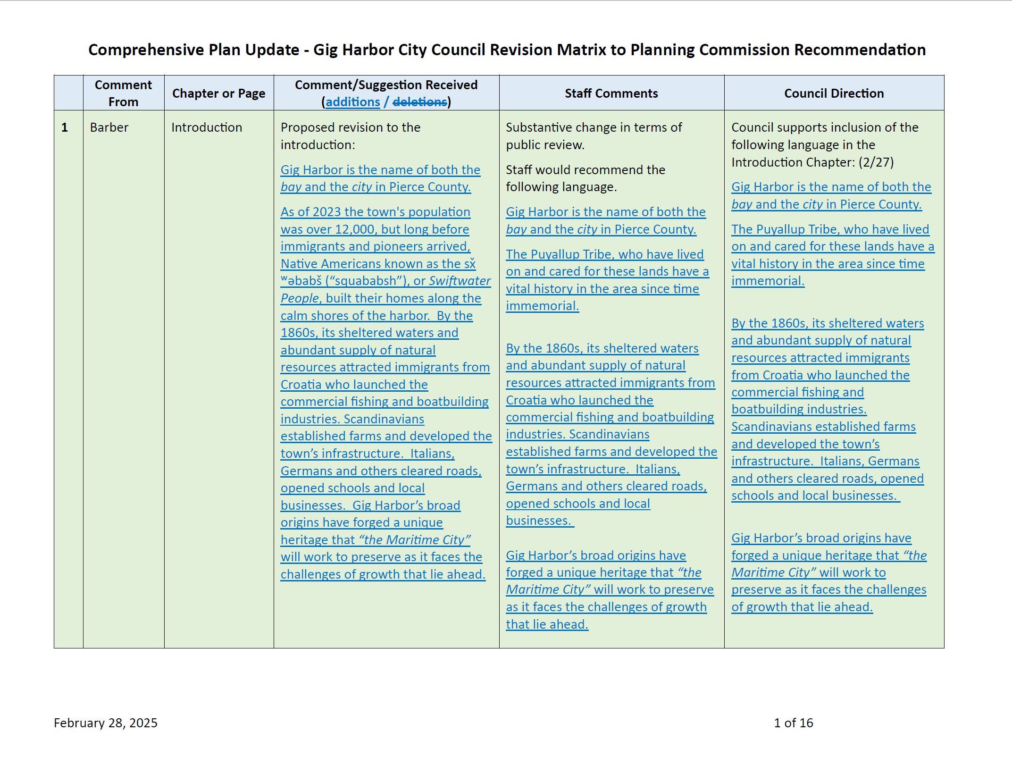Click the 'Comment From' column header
point(123,93)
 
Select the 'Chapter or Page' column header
point(218,93)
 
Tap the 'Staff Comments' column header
point(611,93)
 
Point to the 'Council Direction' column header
point(834,93)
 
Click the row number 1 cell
point(65,127)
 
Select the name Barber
point(109,127)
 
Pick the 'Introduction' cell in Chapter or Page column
point(207,127)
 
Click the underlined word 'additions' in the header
point(352,102)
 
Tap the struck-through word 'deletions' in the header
point(419,102)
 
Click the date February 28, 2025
point(106,723)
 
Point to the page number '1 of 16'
point(793,723)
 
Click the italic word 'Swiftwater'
point(460,281)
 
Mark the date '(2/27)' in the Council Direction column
point(876,162)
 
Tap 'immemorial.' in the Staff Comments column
point(542,306)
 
